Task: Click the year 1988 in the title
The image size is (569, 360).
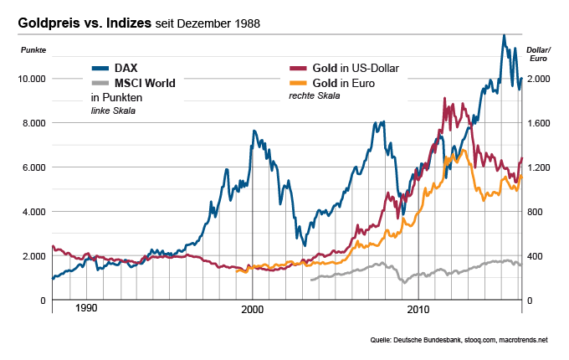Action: coord(243,24)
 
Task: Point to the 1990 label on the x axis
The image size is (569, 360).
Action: coord(87,309)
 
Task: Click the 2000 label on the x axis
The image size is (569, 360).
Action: coord(253,309)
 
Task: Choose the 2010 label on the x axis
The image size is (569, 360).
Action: coord(418,309)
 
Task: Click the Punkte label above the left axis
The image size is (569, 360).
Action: coord(34,52)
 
